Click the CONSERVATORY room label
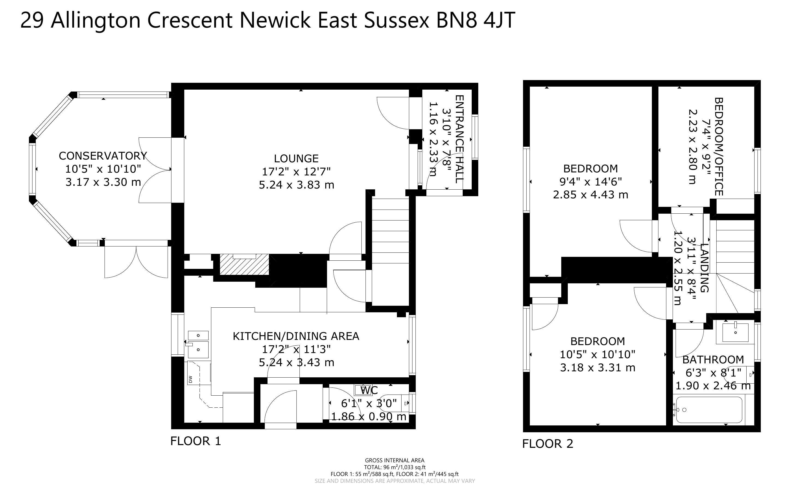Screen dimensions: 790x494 tap(103, 156)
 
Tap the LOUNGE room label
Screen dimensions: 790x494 tap(296, 158)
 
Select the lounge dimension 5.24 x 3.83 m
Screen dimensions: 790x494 tap(297, 185)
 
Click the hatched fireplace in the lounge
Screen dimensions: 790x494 tap(244, 264)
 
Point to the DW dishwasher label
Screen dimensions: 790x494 tap(190, 379)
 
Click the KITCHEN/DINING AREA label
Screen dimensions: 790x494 tap(296, 336)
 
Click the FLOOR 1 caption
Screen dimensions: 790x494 tap(196, 441)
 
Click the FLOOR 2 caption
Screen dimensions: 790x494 tap(548, 444)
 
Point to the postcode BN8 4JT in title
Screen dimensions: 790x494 tap(476, 20)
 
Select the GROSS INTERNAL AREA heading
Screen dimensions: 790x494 tap(394, 461)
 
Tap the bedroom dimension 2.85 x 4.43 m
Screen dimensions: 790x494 tap(591, 195)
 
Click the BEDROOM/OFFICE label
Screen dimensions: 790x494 tap(719, 147)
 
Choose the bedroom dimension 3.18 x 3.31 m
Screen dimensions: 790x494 tap(598, 368)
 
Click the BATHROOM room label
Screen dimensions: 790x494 tap(713, 360)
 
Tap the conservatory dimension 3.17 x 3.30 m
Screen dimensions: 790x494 tap(103, 182)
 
